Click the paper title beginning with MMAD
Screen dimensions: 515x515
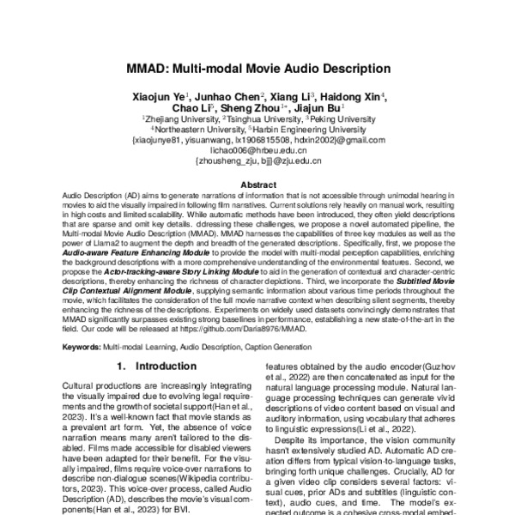(257, 68)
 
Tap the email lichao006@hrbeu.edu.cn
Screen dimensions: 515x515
(257, 148)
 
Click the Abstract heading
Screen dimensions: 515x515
(257, 185)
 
